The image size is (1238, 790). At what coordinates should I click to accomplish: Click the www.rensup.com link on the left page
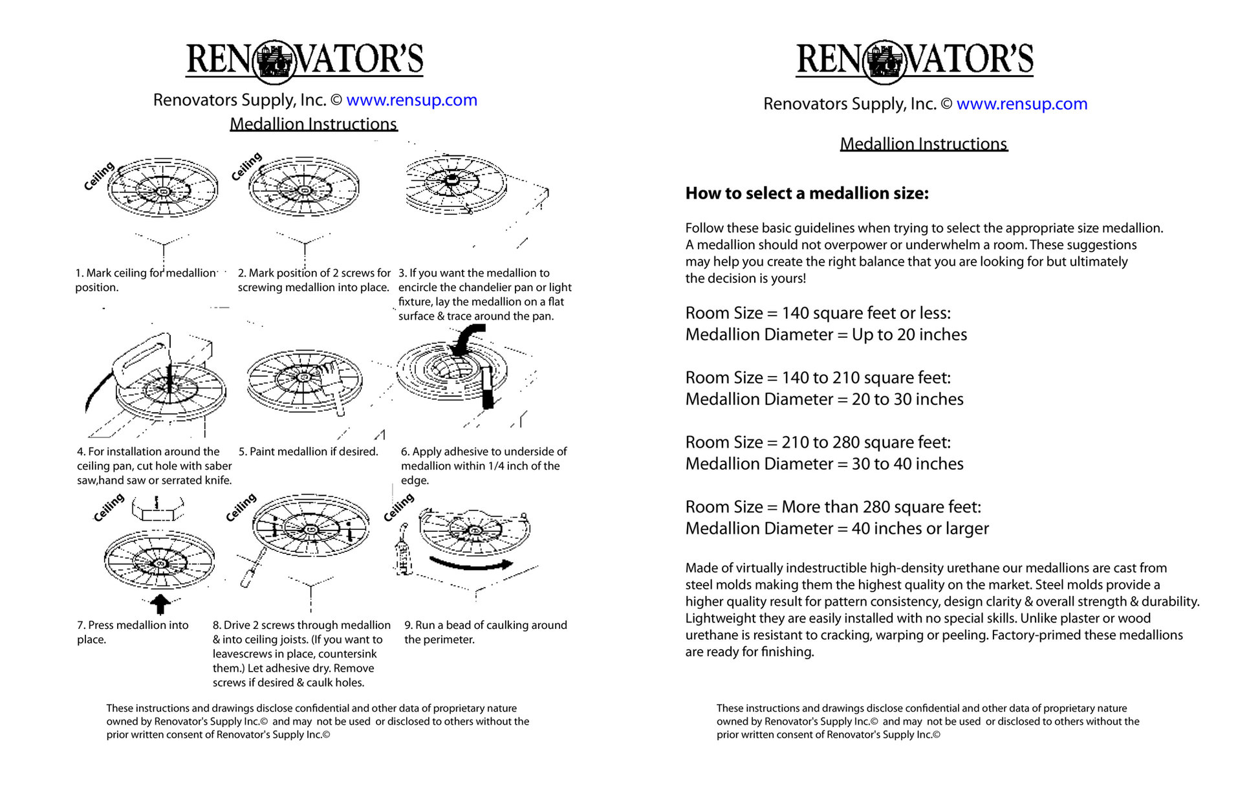coord(411,100)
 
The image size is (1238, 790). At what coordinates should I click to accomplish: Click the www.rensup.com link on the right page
coord(1021,104)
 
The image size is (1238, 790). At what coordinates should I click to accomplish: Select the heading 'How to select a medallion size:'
coord(807,193)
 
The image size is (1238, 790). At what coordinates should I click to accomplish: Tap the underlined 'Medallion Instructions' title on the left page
coord(313,124)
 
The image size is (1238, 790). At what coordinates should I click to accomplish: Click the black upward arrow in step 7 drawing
coord(160,603)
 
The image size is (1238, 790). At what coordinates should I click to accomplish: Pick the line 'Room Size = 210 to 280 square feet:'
coord(818,443)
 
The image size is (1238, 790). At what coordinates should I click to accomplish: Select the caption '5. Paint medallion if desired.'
coord(308,452)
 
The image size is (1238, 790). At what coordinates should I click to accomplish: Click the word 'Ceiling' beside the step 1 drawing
coord(99,176)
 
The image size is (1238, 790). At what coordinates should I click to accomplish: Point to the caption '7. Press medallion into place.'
coord(132,631)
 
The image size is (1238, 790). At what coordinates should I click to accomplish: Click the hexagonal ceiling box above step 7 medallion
coord(157,509)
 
